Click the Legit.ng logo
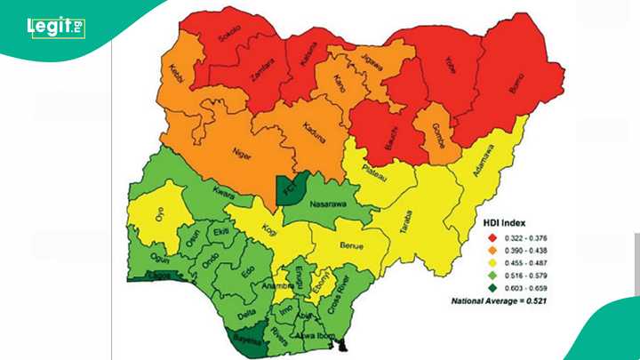(x=55, y=28)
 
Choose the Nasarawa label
(x=330, y=204)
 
